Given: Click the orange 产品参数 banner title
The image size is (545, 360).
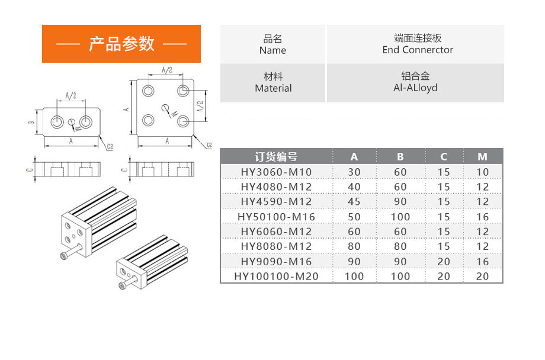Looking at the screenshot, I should point(121,44).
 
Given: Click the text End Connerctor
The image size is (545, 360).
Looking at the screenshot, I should point(418,50).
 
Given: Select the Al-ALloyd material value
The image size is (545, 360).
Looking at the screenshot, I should point(415,88).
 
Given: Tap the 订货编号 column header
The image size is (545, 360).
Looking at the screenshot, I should point(276,157).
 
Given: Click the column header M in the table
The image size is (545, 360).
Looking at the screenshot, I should point(482,157).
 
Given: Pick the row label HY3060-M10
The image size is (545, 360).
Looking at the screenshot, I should point(276,172).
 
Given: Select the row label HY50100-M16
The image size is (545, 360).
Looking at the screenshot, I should point(276,217).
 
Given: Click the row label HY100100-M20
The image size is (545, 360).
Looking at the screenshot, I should point(276,277).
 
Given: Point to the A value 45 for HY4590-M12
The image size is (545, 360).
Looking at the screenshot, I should point(354,202).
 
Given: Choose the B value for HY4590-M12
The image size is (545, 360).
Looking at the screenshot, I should point(400,202).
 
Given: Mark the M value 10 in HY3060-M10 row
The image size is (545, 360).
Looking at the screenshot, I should point(482,172).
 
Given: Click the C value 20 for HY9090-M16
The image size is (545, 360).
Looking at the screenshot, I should point(444,262).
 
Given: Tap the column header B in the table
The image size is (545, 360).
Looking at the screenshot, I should point(400,157).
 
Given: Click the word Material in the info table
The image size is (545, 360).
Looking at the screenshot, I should point(273,88).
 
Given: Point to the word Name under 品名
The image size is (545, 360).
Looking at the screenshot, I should point(272,50).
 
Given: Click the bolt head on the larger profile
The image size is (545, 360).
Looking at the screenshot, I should point(63,256).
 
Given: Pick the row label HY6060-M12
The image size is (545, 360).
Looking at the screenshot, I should point(276,232).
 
